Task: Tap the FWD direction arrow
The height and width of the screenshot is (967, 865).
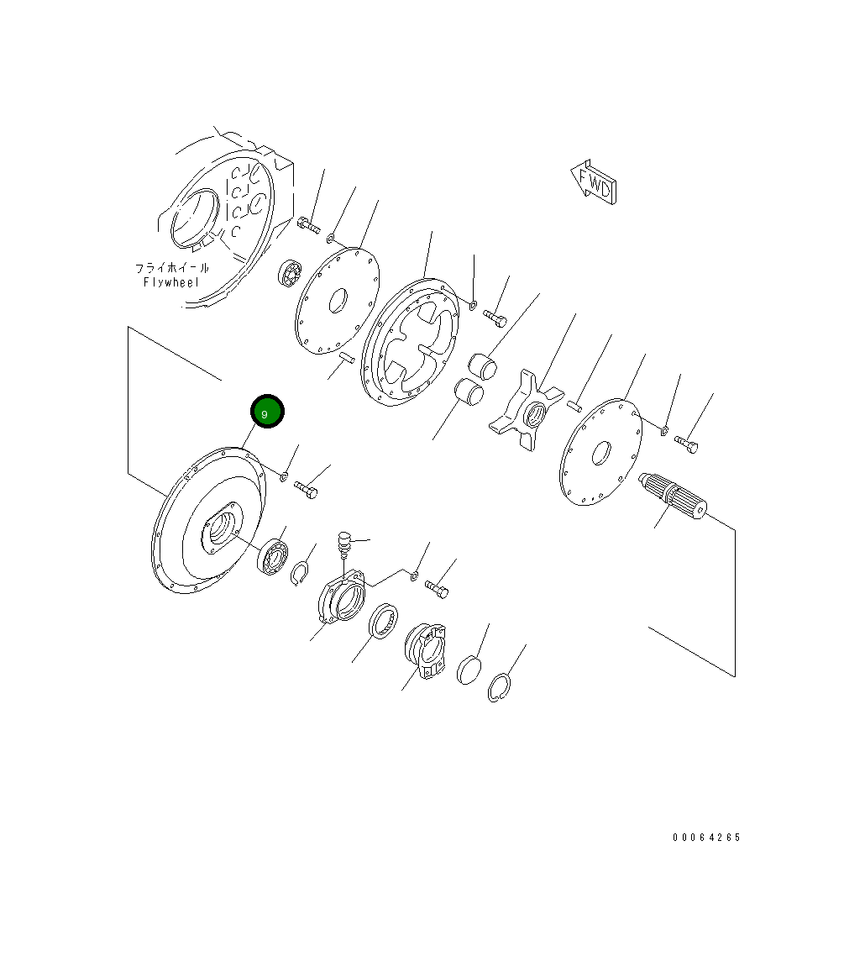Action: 593,182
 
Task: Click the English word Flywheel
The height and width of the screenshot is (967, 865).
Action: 171,282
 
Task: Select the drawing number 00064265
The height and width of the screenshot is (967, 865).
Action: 706,837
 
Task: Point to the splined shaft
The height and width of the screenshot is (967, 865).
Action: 674,495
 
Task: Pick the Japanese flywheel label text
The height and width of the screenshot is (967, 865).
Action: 172,268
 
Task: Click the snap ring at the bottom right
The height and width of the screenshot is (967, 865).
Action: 500,687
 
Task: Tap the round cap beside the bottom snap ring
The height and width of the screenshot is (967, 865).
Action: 469,670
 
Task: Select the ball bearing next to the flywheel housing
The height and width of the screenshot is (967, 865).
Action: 289,273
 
